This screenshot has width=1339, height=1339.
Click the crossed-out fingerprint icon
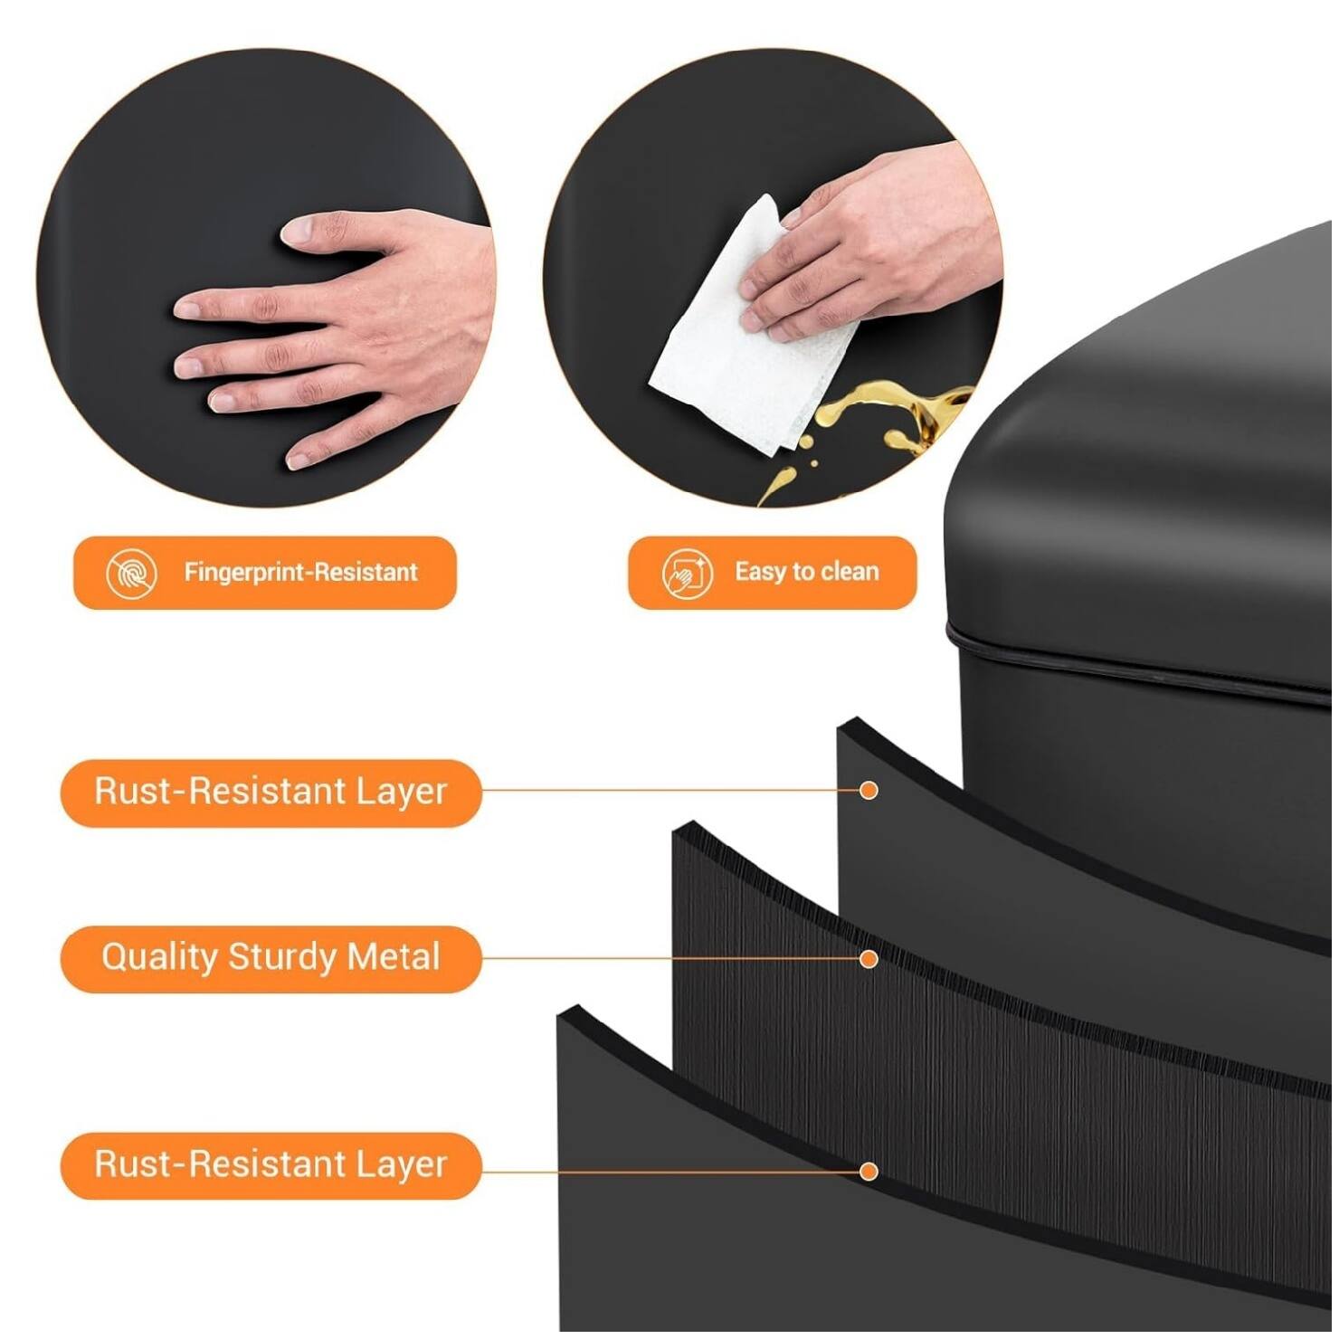point(132,574)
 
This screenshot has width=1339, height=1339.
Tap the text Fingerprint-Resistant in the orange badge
point(302,573)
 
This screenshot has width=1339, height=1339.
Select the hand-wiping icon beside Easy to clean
point(688,574)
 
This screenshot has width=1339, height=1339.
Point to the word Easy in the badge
point(761,573)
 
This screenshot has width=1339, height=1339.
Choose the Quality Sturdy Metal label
point(271,959)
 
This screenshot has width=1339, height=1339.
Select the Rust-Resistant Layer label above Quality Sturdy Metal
point(271,793)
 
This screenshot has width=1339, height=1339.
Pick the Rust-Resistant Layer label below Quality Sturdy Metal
point(271,1166)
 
